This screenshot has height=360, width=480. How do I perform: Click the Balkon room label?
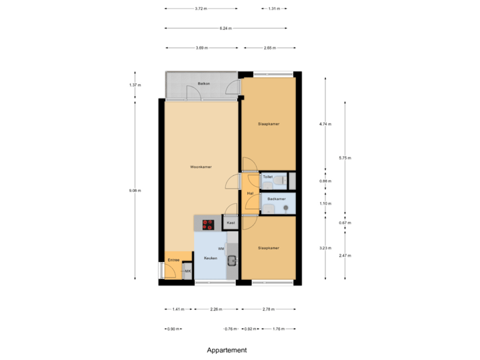(x=204, y=83)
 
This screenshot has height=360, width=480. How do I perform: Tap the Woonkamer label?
(x=201, y=167)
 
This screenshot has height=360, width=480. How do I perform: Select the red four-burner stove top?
(x=208, y=225)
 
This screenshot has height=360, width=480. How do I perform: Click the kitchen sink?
(x=232, y=261)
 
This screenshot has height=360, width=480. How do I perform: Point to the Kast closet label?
(x=231, y=223)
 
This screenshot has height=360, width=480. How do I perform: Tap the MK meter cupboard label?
(x=188, y=271)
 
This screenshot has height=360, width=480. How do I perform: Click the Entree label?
(x=173, y=259)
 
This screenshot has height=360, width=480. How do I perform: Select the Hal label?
(x=250, y=193)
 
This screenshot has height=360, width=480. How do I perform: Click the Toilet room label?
(x=267, y=177)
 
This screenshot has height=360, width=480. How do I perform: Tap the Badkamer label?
(x=276, y=199)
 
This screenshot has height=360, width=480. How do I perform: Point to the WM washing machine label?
(x=221, y=247)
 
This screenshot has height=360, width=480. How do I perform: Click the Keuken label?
(x=211, y=257)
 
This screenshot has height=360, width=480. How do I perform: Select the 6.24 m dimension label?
(x=225, y=28)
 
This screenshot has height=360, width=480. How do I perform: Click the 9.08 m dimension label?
(x=135, y=191)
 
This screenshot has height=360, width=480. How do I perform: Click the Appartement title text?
(x=227, y=350)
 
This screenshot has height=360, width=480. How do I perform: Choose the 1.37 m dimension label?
(x=135, y=85)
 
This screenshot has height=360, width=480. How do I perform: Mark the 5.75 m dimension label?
(x=345, y=158)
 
